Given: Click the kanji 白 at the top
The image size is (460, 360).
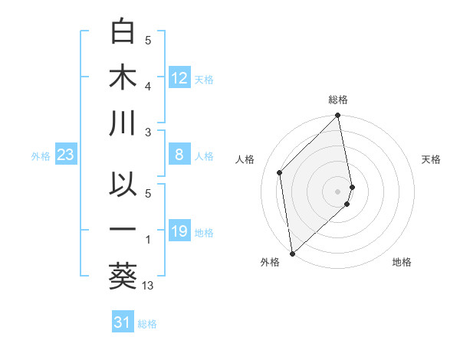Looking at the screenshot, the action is pyautogui.click(x=123, y=31).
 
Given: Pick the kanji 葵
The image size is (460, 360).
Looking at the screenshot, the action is pyautogui.click(x=123, y=275).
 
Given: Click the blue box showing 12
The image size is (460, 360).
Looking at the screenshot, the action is pyautogui.click(x=179, y=77).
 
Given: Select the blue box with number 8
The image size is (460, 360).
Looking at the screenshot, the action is pyautogui.click(x=179, y=155).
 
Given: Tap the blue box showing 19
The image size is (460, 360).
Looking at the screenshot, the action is pyautogui.click(x=179, y=231).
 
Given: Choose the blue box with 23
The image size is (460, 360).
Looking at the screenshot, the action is pyautogui.click(x=66, y=155).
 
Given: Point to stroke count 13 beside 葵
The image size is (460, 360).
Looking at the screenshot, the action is pyautogui.click(x=149, y=286).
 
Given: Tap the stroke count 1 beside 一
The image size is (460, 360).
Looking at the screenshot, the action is pyautogui.click(x=148, y=240).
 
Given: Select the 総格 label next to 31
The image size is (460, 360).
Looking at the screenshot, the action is pyautogui.click(x=147, y=324).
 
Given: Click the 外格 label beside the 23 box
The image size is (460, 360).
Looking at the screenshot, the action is pyautogui.click(x=41, y=156).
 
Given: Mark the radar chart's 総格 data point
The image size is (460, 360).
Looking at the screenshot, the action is pyautogui.click(x=338, y=116).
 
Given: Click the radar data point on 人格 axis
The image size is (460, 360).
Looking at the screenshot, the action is pyautogui.click(x=280, y=172).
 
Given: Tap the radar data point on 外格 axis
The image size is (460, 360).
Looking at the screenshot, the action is pyautogui.click(x=292, y=253).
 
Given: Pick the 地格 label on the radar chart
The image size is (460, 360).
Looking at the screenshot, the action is pyautogui.click(x=402, y=262).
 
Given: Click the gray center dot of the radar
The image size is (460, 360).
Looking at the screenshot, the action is pyautogui.click(x=338, y=191).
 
